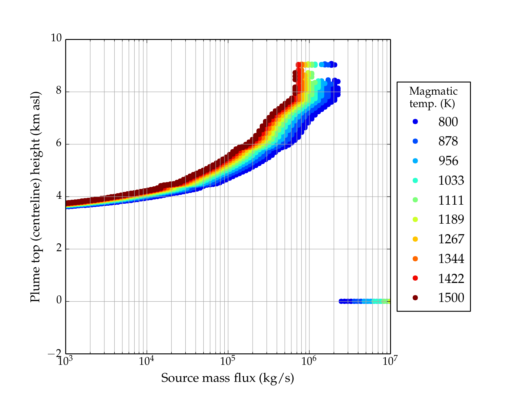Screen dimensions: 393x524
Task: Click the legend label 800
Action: pos(448,122)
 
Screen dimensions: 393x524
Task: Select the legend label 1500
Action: pos(451,298)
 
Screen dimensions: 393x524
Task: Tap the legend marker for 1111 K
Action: pos(415,200)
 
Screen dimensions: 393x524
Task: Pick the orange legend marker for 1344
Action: pos(415,259)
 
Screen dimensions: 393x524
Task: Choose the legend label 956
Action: pos(448,161)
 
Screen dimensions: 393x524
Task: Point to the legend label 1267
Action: pos(451,239)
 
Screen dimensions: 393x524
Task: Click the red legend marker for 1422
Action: pos(415,278)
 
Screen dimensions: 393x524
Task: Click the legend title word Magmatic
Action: pos(433,91)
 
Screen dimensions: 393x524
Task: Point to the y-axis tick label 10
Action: pos(56,38)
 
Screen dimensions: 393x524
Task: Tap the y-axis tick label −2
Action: pos(55,354)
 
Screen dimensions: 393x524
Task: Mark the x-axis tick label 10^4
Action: pos(146,361)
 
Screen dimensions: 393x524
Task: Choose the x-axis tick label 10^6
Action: pos(309,361)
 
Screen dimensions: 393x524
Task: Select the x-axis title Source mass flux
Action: pos(227,378)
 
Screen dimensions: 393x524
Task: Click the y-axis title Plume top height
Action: pos(35,196)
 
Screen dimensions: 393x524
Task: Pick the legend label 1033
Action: pos(451,180)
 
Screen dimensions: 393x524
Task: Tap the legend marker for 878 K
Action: pos(415,141)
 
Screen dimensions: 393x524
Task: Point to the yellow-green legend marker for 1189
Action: pos(415,219)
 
